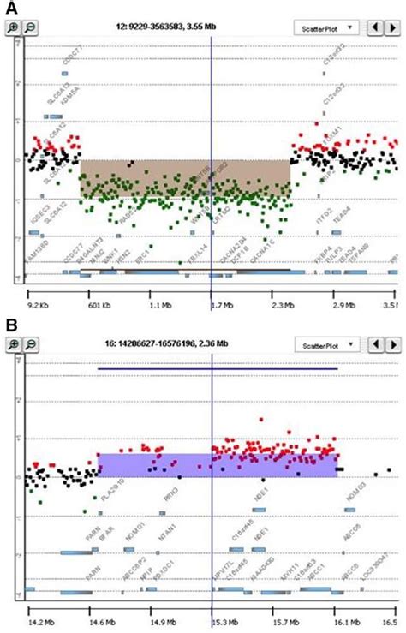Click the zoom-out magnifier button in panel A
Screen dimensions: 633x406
click(x=31, y=27)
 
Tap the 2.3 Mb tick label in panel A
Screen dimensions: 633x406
click(x=285, y=303)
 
